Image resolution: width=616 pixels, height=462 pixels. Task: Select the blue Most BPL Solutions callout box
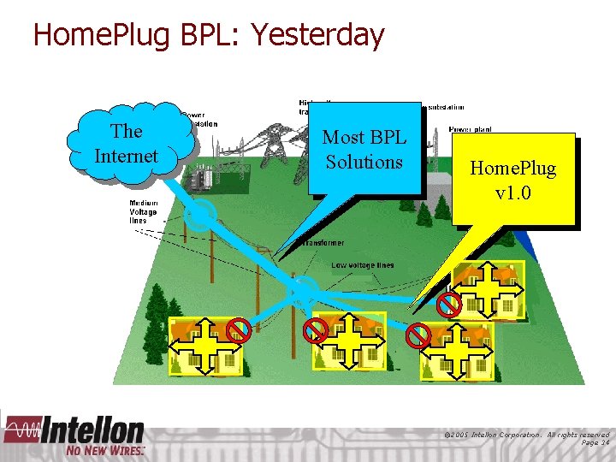(x=364, y=149)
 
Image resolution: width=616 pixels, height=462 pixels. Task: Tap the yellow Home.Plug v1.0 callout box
(x=512, y=180)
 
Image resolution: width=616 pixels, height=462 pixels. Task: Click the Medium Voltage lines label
(x=138, y=212)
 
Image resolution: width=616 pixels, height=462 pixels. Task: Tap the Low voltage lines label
(x=363, y=265)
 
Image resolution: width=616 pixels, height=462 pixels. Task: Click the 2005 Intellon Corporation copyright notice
(x=526, y=435)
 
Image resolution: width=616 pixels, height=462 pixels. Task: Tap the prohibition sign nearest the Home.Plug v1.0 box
(x=449, y=305)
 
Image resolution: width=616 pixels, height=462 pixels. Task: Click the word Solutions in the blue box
(x=364, y=162)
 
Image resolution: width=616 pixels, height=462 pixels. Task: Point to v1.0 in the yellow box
(x=512, y=192)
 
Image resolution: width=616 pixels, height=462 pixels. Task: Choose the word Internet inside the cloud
(x=127, y=156)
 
